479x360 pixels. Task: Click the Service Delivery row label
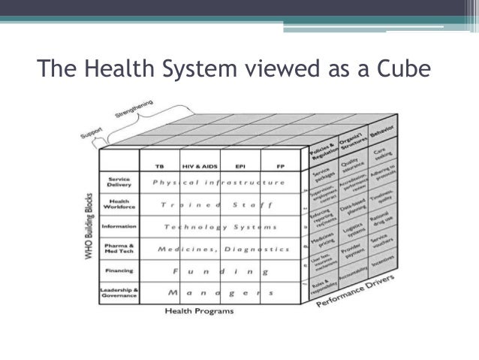pyautogui.click(x=119, y=183)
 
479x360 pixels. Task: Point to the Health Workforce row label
pyautogui.click(x=119, y=204)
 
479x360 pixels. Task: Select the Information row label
pyautogui.click(x=119, y=226)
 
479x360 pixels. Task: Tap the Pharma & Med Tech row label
pyautogui.click(x=119, y=248)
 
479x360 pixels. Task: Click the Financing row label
pyautogui.click(x=120, y=270)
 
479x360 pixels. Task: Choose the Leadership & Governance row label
pyautogui.click(x=119, y=292)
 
